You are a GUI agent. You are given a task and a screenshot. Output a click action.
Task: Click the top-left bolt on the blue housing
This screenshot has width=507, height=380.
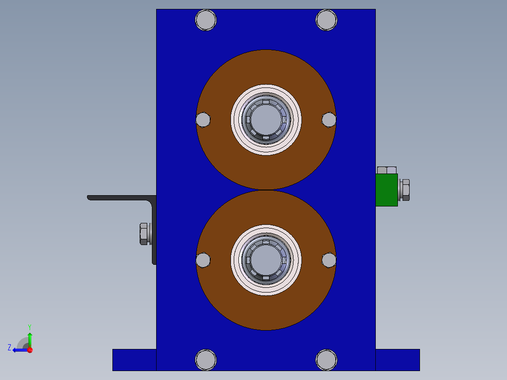tap(206, 20)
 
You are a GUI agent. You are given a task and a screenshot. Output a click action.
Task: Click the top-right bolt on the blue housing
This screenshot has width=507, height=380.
tap(326, 20)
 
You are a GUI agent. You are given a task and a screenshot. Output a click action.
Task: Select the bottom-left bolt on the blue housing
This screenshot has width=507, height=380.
tap(206, 360)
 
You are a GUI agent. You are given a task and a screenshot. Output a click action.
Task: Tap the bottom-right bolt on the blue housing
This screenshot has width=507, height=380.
tap(326, 360)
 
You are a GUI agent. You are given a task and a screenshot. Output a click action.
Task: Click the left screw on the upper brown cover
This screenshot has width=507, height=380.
tap(203, 119)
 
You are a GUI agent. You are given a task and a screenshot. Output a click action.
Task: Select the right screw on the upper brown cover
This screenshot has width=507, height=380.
tap(329, 119)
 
